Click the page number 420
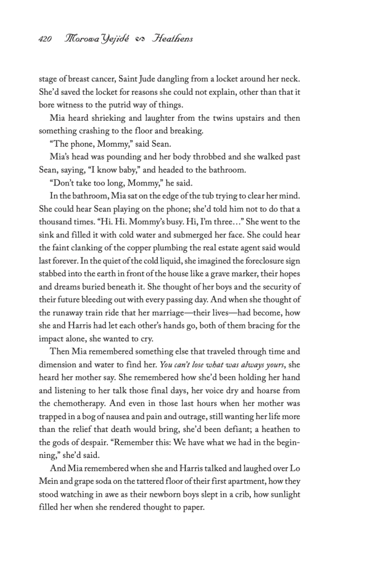coord(45,39)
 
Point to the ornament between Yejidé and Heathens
coord(139,39)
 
